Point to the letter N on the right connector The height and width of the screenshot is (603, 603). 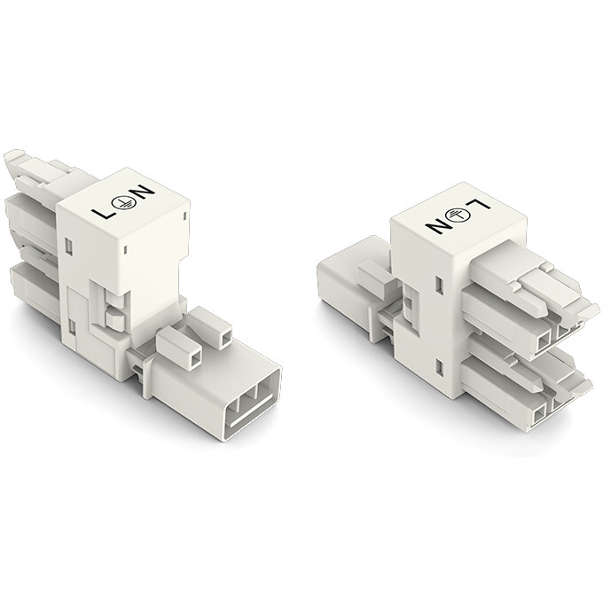(x=438, y=225)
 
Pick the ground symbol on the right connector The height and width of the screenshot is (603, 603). (x=459, y=215)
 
